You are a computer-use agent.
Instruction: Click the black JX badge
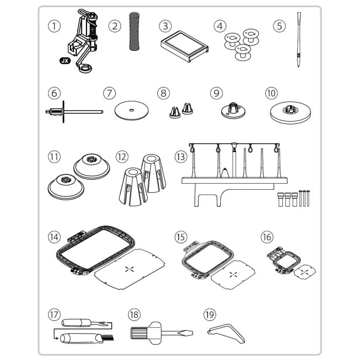(x=65, y=61)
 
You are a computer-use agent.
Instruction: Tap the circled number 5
(x=279, y=26)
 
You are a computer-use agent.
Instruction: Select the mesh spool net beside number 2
(x=134, y=31)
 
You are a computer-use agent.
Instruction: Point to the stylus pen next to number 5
(x=299, y=40)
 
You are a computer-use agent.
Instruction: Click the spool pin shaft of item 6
(x=83, y=112)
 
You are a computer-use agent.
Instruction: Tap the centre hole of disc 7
(x=131, y=110)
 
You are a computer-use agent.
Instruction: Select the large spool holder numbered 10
(x=290, y=113)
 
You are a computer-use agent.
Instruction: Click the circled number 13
(x=181, y=157)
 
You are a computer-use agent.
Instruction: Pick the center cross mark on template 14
(x=130, y=269)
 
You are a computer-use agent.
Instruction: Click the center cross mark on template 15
(x=233, y=274)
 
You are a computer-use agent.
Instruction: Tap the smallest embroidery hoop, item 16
(x=284, y=260)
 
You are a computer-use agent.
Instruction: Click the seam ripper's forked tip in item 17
(x=104, y=323)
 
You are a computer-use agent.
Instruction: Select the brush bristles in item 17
(x=109, y=337)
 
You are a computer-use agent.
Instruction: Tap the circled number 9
(x=217, y=93)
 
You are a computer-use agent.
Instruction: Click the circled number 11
(x=54, y=157)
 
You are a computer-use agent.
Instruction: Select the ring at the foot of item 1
(x=85, y=68)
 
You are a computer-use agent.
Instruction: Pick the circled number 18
(x=134, y=315)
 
